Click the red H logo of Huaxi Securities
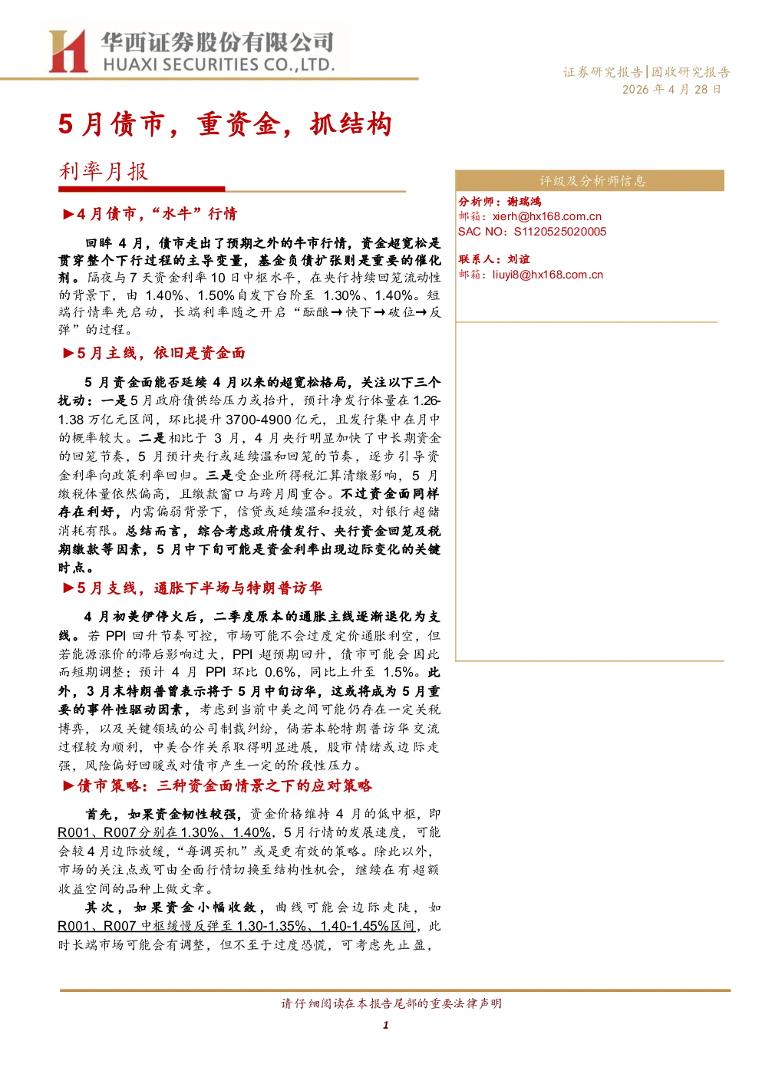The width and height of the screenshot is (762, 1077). (68, 51)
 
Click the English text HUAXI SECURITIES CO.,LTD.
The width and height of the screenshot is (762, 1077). (219, 64)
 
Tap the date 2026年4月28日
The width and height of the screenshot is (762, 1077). (671, 90)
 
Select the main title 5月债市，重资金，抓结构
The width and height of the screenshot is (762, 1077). (225, 124)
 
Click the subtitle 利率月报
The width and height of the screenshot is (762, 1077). (104, 171)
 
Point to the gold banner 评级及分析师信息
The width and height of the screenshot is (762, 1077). (589, 181)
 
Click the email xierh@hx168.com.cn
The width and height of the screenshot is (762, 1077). (547, 216)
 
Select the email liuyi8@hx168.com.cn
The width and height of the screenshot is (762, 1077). (547, 275)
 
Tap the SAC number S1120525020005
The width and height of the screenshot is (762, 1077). (560, 232)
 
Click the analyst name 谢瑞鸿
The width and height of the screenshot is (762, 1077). (524, 202)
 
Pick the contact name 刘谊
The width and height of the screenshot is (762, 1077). (519, 259)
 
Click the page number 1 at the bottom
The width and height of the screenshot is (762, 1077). (385, 1025)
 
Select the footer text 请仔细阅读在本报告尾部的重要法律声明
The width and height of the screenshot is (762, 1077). (391, 1003)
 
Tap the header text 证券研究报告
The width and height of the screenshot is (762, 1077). (602, 72)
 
